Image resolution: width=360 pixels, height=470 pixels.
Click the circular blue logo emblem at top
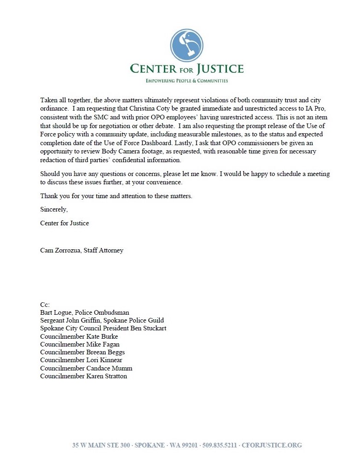point(186,45)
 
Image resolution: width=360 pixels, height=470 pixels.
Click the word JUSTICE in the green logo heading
point(220,70)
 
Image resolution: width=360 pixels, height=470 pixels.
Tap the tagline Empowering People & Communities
point(186,81)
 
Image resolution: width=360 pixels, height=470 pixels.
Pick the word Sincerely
point(54,210)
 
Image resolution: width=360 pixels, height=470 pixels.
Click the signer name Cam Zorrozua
point(60,251)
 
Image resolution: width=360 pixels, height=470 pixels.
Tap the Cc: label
point(45,305)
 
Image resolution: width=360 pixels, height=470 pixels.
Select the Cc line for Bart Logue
point(85,312)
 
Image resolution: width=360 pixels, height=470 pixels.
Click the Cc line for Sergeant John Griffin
point(102,320)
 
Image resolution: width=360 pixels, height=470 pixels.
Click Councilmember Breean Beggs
point(82,352)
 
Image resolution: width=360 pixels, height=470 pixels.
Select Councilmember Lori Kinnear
point(81,360)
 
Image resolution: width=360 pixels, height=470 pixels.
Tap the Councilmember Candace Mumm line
point(86,368)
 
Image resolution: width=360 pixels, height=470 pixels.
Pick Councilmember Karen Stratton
point(83,376)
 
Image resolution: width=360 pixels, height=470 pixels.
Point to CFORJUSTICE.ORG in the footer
point(272,445)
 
